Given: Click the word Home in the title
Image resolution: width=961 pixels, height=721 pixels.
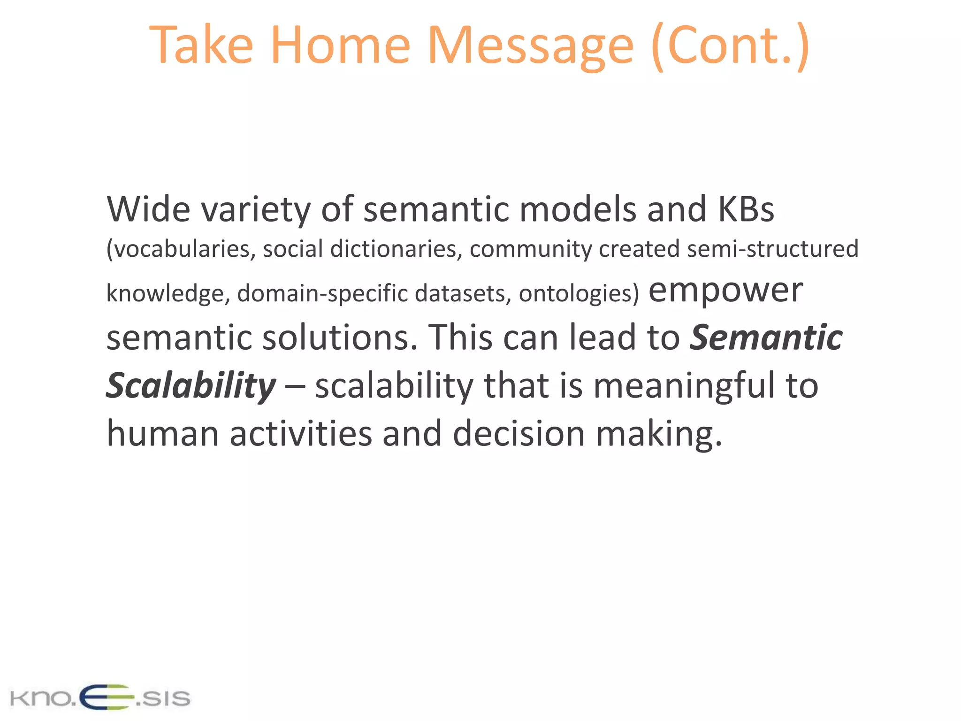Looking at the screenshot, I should click(340, 46).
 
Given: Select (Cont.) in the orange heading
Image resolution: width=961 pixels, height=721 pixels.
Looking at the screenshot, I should click(730, 46).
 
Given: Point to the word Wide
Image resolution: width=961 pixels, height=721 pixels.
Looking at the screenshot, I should click(148, 209).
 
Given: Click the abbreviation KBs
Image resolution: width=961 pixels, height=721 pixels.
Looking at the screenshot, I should click(746, 209).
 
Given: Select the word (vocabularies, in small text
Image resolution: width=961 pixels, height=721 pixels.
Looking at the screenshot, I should click(181, 249).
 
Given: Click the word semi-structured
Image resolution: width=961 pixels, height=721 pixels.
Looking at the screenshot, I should click(772, 249).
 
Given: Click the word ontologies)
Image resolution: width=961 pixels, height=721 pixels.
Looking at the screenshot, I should click(579, 293).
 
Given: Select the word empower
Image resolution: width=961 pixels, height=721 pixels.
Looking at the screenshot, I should click(725, 291).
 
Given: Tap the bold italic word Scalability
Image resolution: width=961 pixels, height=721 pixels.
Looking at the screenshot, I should click(191, 386).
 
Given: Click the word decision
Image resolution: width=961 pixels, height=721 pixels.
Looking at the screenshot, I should click(519, 433).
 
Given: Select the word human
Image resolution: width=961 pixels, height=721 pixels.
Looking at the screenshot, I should click(162, 433).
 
